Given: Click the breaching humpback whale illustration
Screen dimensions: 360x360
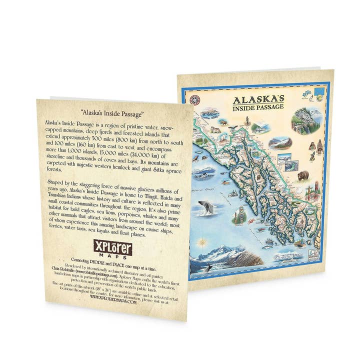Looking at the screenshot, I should pos(206,206).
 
